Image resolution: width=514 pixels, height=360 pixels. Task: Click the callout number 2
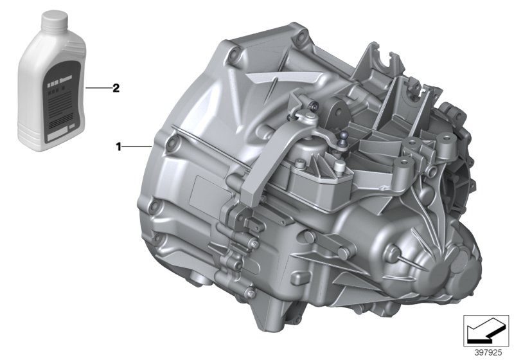pyautogui.click(x=116, y=89)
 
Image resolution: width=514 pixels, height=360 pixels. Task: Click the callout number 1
pyautogui.click(x=118, y=147)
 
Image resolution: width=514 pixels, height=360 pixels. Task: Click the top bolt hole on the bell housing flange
pyautogui.click(x=296, y=30)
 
